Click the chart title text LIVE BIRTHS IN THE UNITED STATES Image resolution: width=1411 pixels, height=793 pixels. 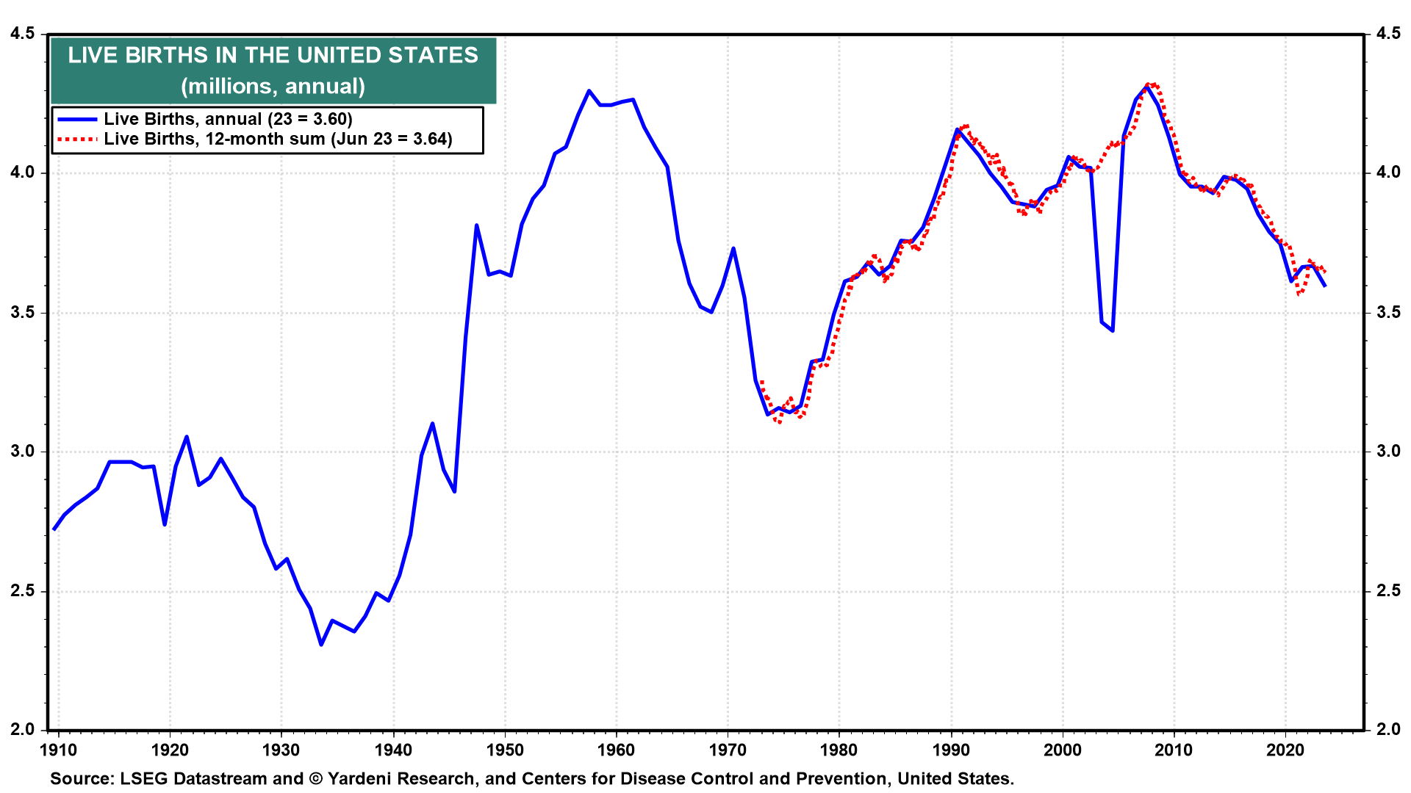[x=273, y=56]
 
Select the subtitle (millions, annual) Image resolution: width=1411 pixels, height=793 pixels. [x=273, y=87]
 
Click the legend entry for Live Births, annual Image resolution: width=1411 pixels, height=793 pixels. [x=228, y=119]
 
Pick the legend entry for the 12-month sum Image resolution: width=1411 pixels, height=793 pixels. [x=278, y=139]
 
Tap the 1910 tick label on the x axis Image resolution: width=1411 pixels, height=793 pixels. [x=58, y=750]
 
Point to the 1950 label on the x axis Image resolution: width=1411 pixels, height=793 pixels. [x=505, y=750]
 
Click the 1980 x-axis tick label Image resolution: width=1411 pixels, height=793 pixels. [x=839, y=750]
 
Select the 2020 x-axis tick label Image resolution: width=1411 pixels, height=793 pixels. [x=1285, y=750]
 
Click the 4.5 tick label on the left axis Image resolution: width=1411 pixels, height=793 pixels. [x=22, y=34]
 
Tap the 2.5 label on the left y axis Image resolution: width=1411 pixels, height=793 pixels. [x=22, y=591]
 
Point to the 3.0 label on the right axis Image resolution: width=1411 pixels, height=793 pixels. [x=1388, y=452]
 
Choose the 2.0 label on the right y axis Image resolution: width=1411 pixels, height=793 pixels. [x=1388, y=730]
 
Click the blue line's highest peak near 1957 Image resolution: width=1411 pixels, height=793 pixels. [x=589, y=91]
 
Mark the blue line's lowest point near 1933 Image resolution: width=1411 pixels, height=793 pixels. [x=321, y=644]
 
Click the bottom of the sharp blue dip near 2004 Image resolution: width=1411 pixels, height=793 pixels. [x=1113, y=330]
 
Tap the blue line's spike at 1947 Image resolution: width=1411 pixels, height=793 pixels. [x=476, y=225]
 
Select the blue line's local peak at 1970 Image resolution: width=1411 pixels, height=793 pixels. [x=733, y=249]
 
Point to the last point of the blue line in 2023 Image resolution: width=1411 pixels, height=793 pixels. [x=1324, y=286]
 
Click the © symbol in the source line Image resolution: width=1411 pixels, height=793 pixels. [x=316, y=779]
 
